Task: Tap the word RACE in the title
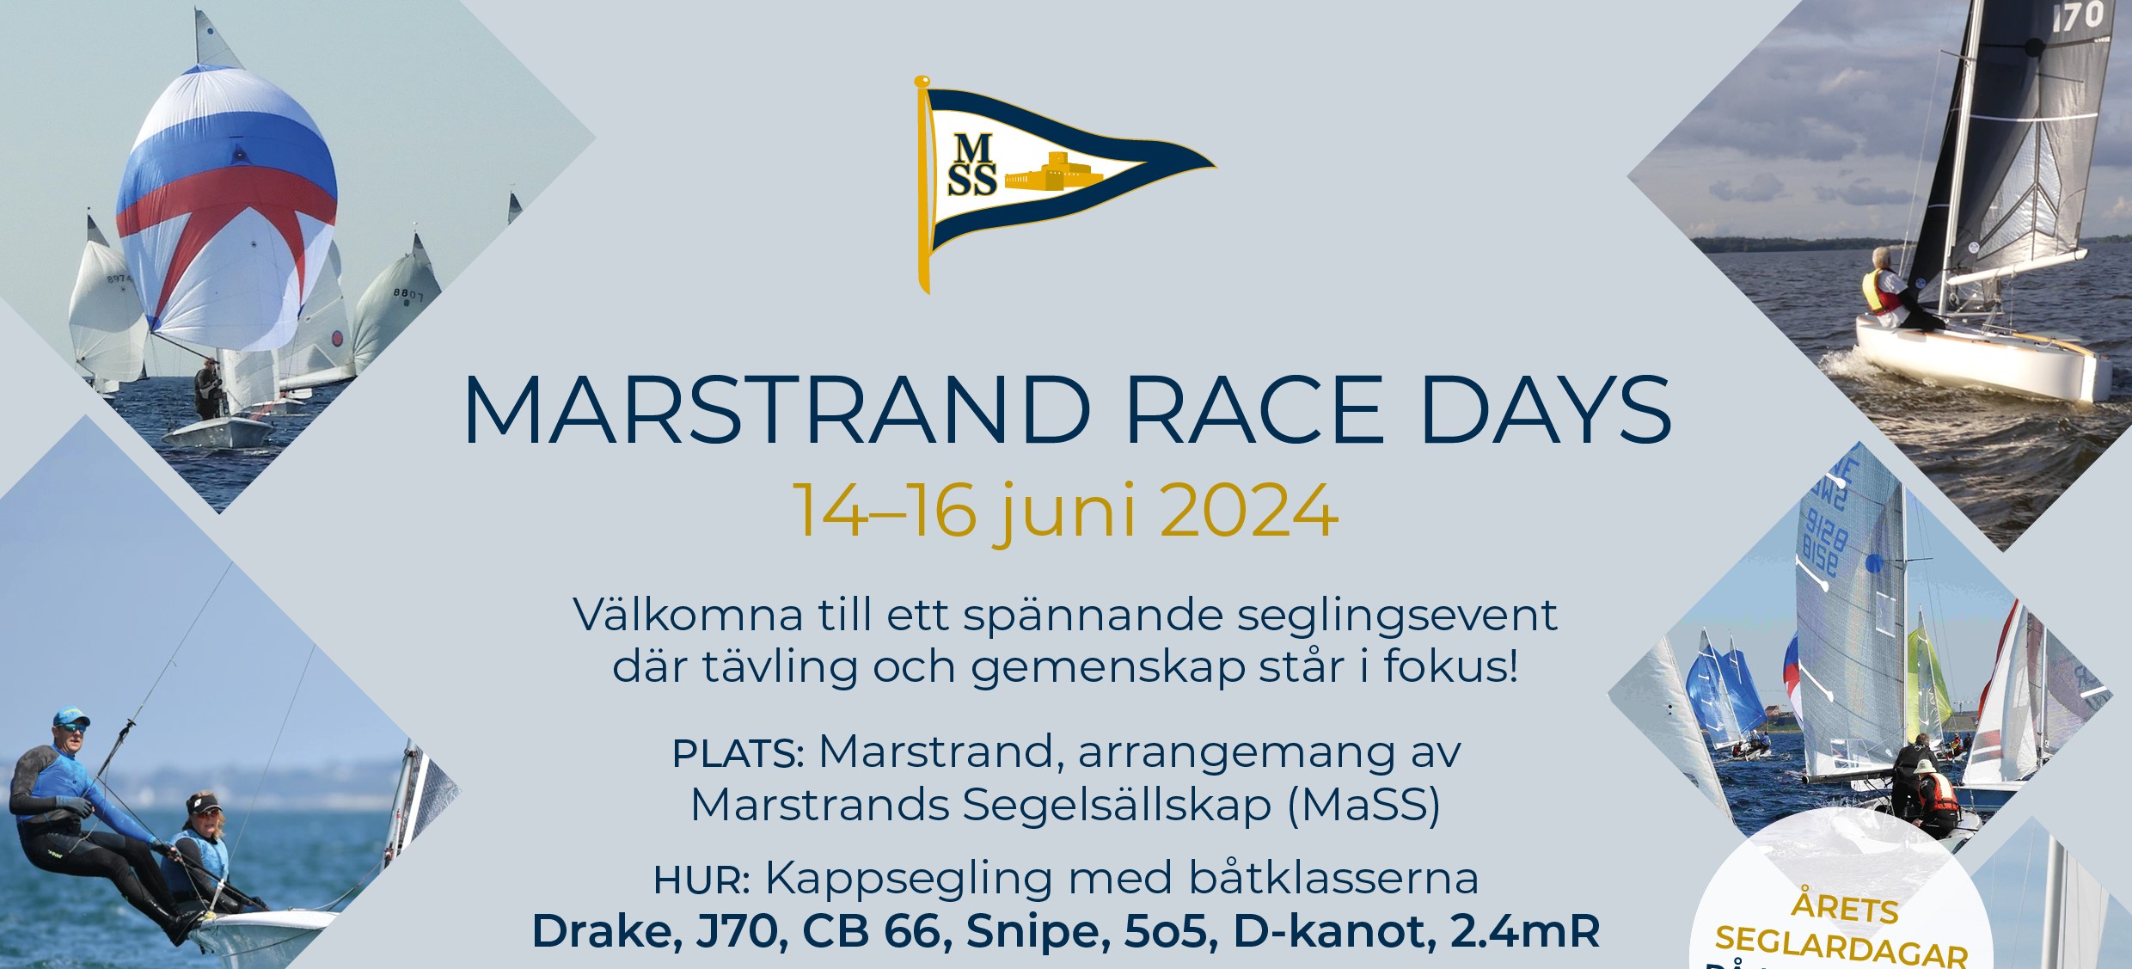click(x=1254, y=410)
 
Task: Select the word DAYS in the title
click(x=1547, y=410)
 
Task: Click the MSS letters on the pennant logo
click(x=971, y=166)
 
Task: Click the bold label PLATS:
click(x=738, y=754)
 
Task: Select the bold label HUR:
click(x=701, y=880)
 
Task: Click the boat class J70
click(x=742, y=932)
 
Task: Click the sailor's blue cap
click(x=70, y=718)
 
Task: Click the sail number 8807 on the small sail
click(x=408, y=294)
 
